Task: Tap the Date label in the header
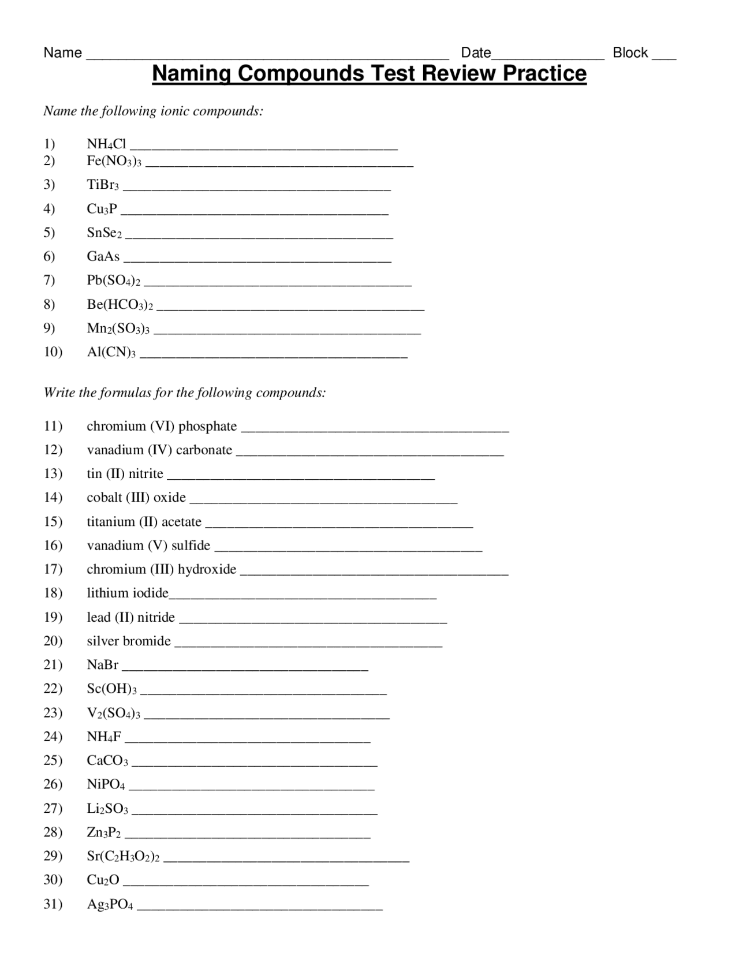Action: pyautogui.click(x=476, y=53)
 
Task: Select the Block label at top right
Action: pyautogui.click(x=630, y=53)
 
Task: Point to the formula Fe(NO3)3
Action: pyautogui.click(x=114, y=162)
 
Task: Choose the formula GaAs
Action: pyautogui.click(x=103, y=256)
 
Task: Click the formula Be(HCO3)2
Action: pyautogui.click(x=120, y=304)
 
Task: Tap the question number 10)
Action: pyautogui.click(x=53, y=352)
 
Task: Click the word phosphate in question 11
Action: pyautogui.click(x=208, y=426)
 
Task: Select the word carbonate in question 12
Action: pyautogui.click(x=204, y=450)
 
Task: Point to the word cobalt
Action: pyautogui.click(x=104, y=498)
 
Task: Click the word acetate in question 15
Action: pyautogui.click(x=181, y=522)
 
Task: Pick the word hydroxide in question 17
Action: pyautogui.click(x=207, y=569)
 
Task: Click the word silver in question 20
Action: pyautogui.click(x=103, y=641)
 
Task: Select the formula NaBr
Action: pyautogui.click(x=103, y=665)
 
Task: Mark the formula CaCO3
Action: pyautogui.click(x=108, y=760)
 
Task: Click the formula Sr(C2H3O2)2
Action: pyautogui.click(x=123, y=856)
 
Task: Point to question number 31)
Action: pyautogui.click(x=53, y=904)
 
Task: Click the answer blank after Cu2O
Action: pyautogui.click(x=246, y=882)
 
